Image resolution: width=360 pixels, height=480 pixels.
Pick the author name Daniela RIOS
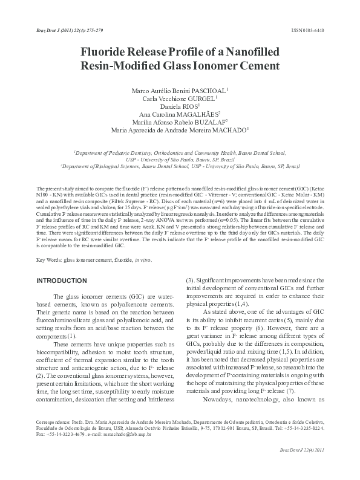[x=180, y=105]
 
